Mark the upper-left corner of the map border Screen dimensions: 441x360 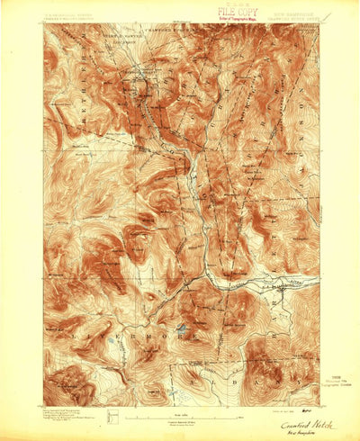(x=42, y=24)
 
